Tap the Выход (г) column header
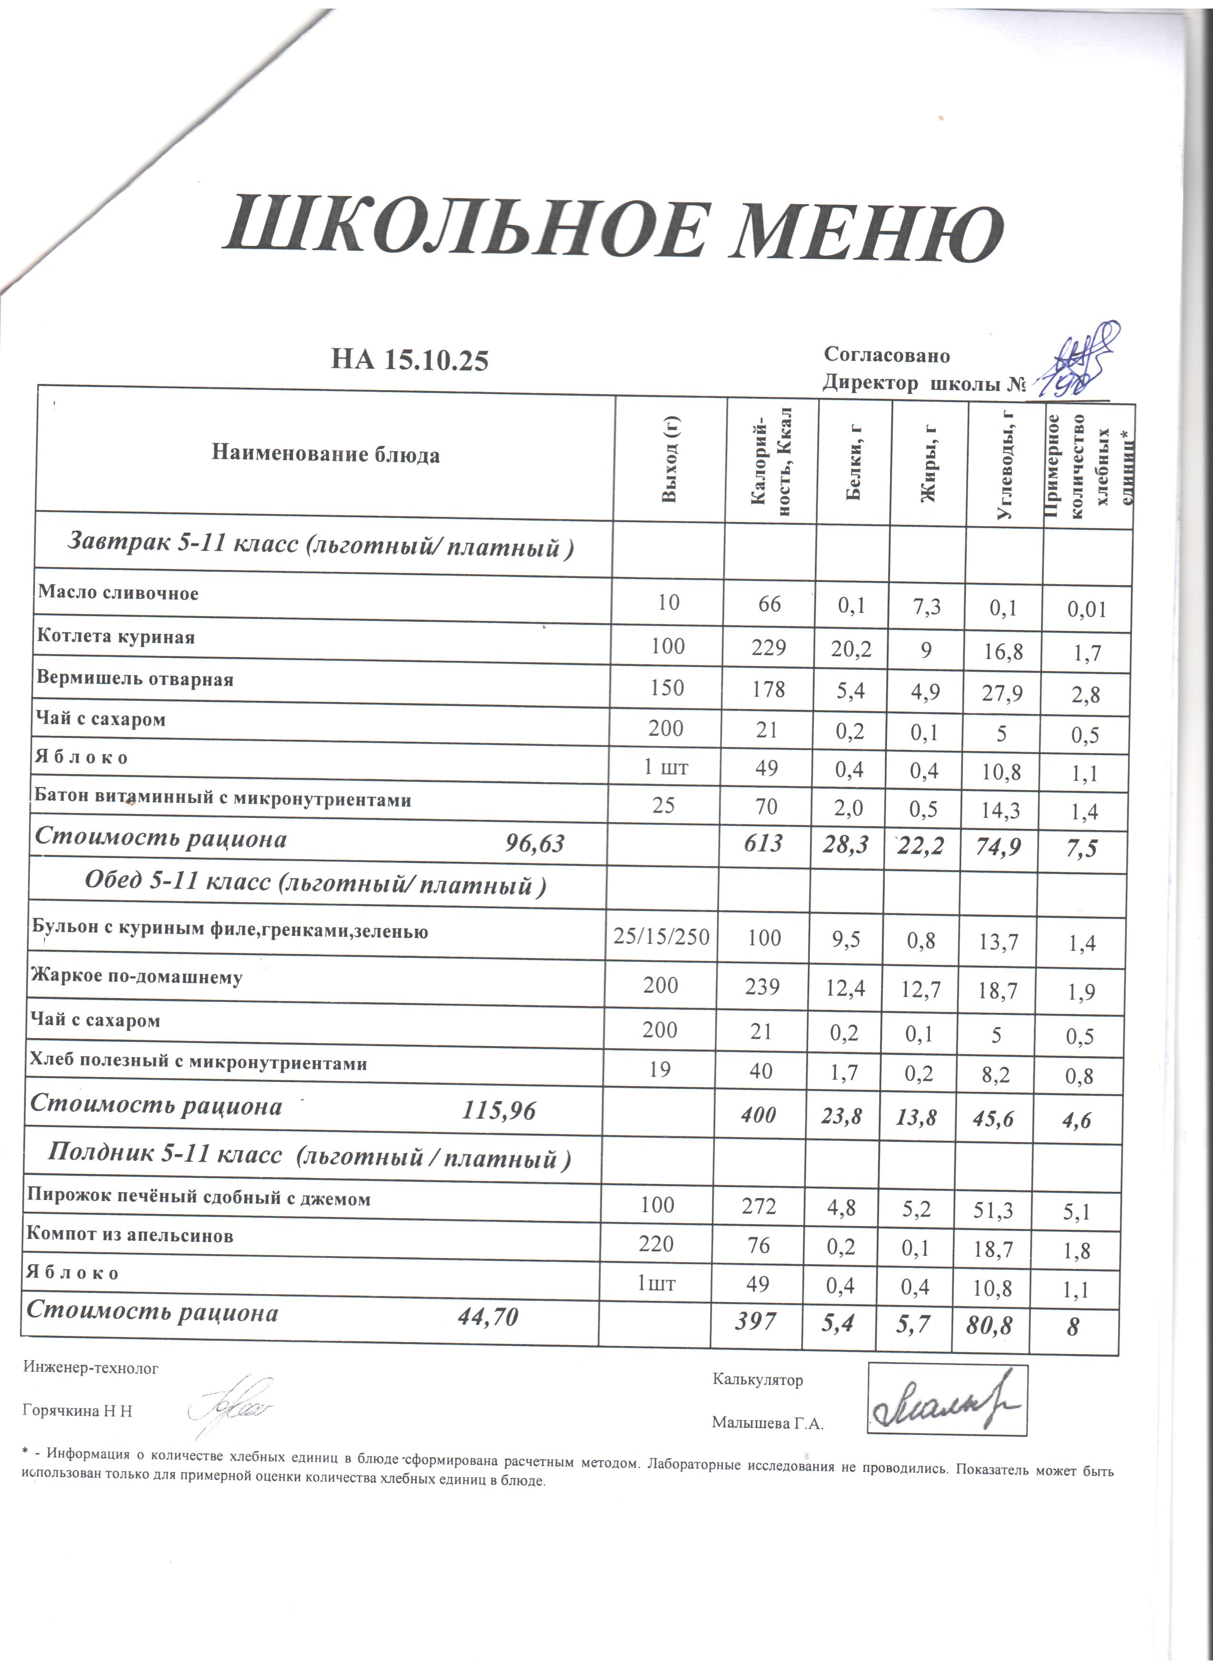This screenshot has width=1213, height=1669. pyautogui.click(x=669, y=459)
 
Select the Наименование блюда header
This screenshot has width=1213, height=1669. pyautogui.click(x=326, y=454)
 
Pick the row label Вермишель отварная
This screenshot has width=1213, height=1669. pyautogui.click(x=136, y=678)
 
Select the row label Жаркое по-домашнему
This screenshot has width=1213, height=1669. pyautogui.click(x=137, y=977)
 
